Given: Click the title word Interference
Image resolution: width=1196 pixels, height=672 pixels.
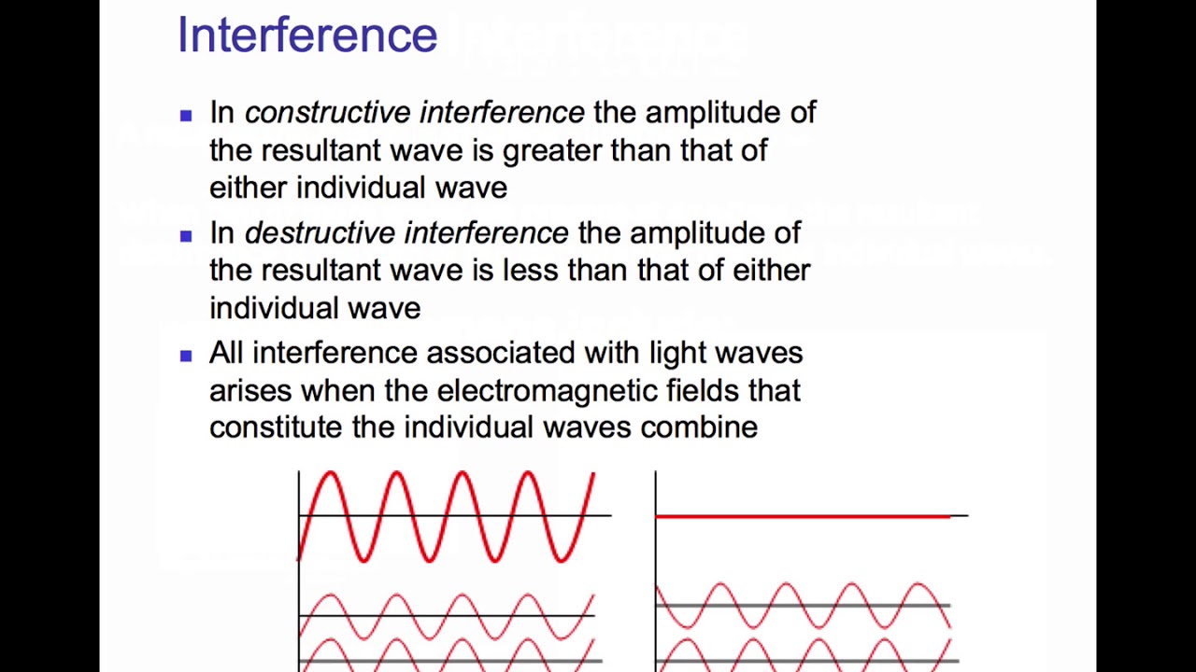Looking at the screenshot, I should (x=306, y=35).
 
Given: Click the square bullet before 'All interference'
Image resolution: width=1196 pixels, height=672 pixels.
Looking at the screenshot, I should (x=186, y=355).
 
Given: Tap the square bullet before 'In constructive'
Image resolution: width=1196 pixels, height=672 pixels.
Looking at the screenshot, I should (x=186, y=115).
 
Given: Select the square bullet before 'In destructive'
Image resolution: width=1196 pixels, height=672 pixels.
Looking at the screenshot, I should (x=186, y=235).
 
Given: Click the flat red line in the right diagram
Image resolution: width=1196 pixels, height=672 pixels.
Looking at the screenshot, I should (x=804, y=515).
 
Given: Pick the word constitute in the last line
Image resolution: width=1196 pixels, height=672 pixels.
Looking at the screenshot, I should (x=276, y=427).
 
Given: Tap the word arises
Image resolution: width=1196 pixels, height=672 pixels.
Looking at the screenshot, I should (x=250, y=390).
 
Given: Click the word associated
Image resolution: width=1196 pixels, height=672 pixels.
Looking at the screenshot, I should (x=500, y=353).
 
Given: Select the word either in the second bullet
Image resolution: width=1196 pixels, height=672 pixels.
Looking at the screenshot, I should (x=771, y=271).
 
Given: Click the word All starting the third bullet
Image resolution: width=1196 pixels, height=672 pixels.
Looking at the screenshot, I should (x=226, y=353).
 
